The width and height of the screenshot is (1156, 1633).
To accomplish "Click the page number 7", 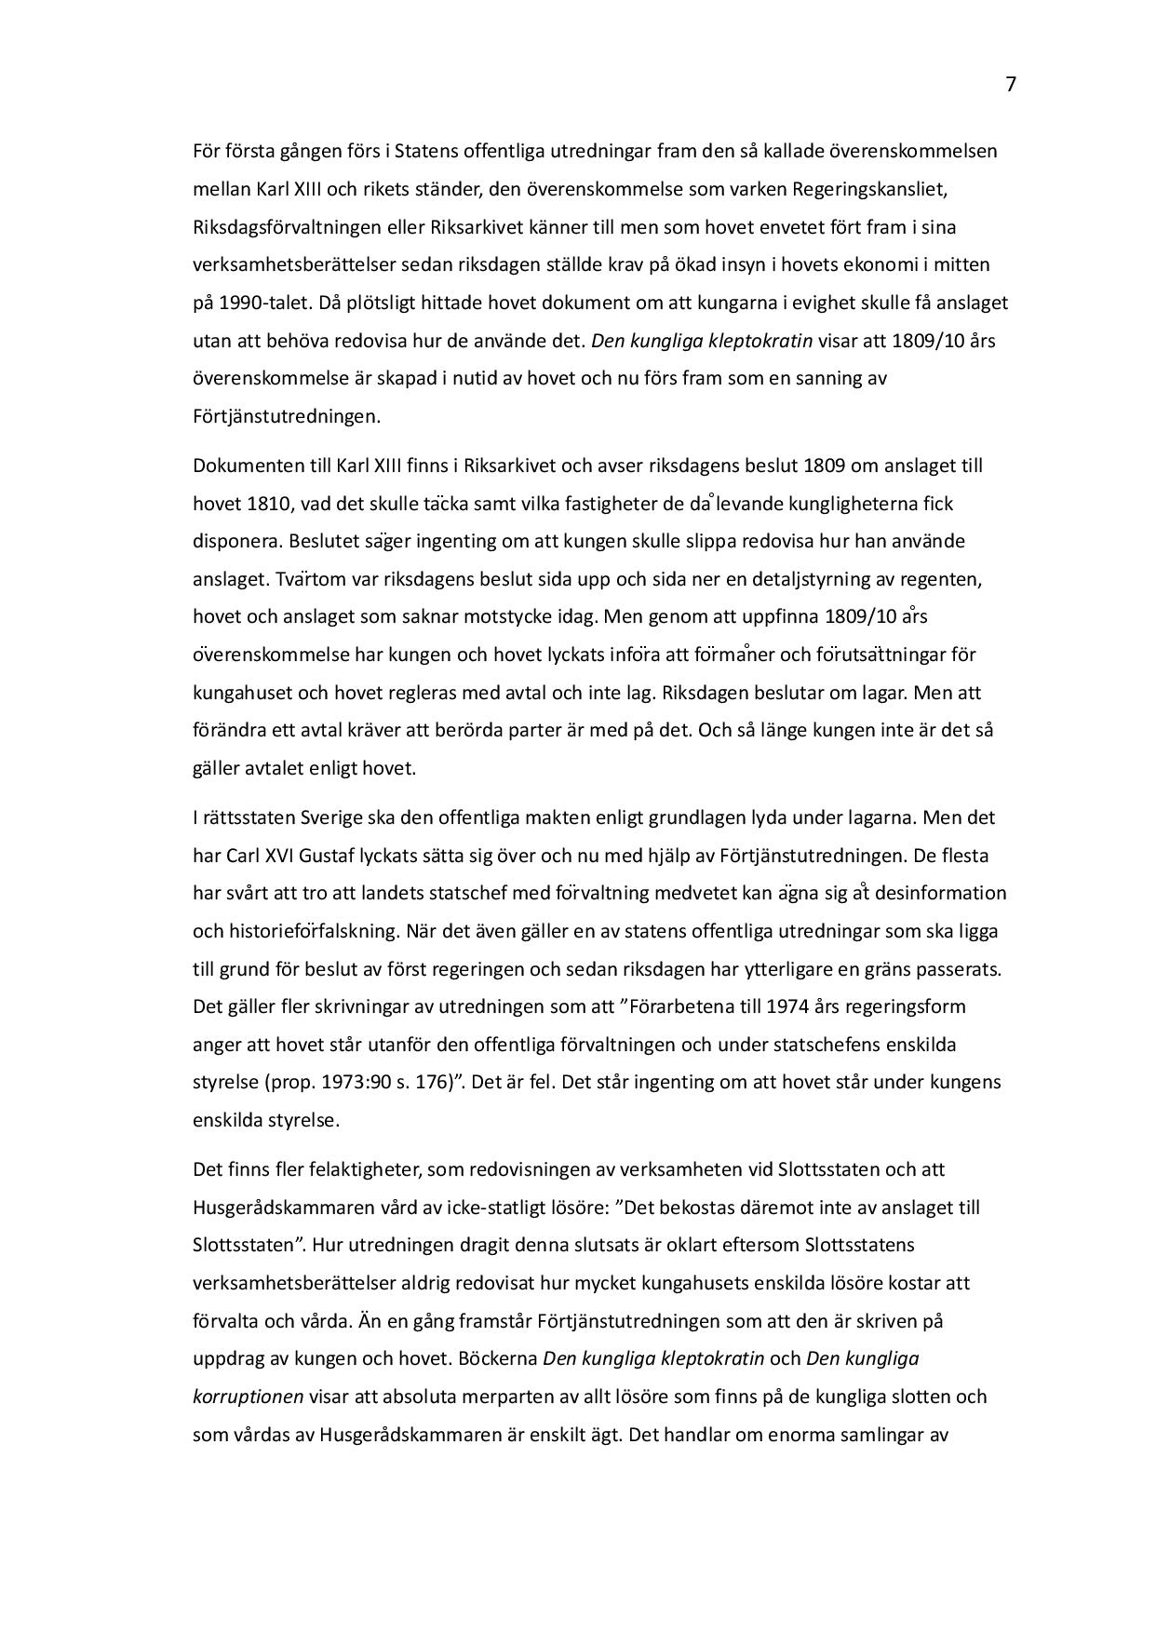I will [x=1011, y=85].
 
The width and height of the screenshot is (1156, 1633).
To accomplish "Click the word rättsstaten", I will [x=246, y=817].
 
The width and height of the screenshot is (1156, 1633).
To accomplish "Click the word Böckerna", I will [x=498, y=1358].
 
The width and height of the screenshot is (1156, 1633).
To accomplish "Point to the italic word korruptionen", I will [x=248, y=1397].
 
